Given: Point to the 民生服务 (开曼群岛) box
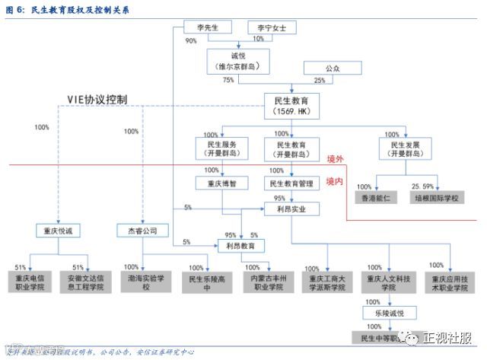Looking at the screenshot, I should click(x=221, y=148).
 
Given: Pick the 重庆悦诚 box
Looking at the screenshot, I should click(x=58, y=230).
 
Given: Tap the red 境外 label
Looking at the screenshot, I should click(x=335, y=158).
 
